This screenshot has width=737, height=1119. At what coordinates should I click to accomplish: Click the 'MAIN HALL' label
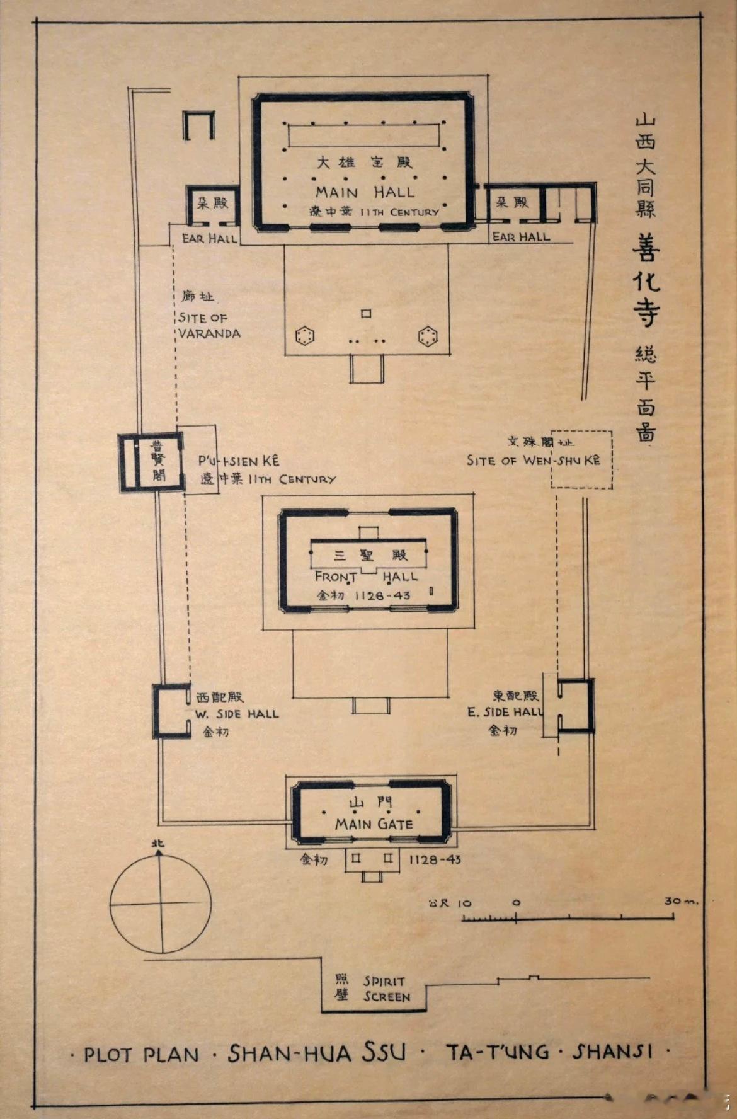tap(365, 192)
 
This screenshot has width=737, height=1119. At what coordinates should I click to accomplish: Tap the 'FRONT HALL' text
tap(366, 576)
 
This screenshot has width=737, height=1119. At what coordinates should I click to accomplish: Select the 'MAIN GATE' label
tap(374, 823)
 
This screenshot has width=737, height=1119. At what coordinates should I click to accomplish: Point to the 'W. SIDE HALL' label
tap(236, 714)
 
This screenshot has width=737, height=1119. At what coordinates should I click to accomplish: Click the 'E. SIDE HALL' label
tap(505, 712)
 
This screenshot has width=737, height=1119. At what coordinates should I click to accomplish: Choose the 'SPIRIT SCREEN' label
tap(386, 989)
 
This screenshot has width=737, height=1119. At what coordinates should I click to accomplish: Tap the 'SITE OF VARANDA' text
tap(209, 326)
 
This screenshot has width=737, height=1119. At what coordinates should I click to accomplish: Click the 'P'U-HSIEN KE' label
tap(239, 461)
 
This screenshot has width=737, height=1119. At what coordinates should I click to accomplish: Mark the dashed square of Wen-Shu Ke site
tap(581, 459)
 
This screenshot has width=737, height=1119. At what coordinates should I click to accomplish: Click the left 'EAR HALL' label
tap(209, 238)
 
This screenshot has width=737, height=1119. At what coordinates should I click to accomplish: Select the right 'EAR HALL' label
tap(520, 237)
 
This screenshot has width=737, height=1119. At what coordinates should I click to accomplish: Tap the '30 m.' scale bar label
tap(680, 901)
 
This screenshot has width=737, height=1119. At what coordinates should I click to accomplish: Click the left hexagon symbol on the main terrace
tap(305, 336)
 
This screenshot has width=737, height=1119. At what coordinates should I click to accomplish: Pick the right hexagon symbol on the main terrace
tap(428, 336)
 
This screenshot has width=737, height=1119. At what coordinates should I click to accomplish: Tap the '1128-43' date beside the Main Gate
tap(435, 859)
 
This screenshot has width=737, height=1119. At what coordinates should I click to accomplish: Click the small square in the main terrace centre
tap(366, 313)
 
